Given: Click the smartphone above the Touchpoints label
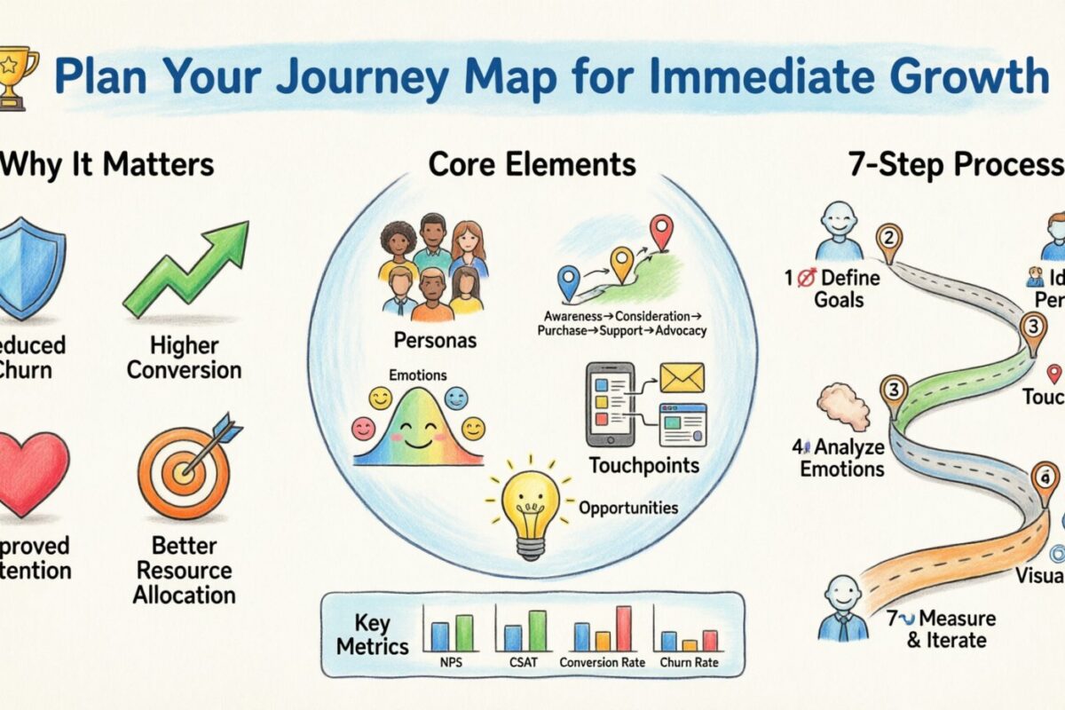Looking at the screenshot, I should pos(610,404).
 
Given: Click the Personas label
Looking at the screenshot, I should pos(433,340).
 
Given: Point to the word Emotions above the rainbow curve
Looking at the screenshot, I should pos(418,375).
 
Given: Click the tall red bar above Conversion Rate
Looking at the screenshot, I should pos(623,628).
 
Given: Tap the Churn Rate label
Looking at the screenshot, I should pos(689,662).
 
